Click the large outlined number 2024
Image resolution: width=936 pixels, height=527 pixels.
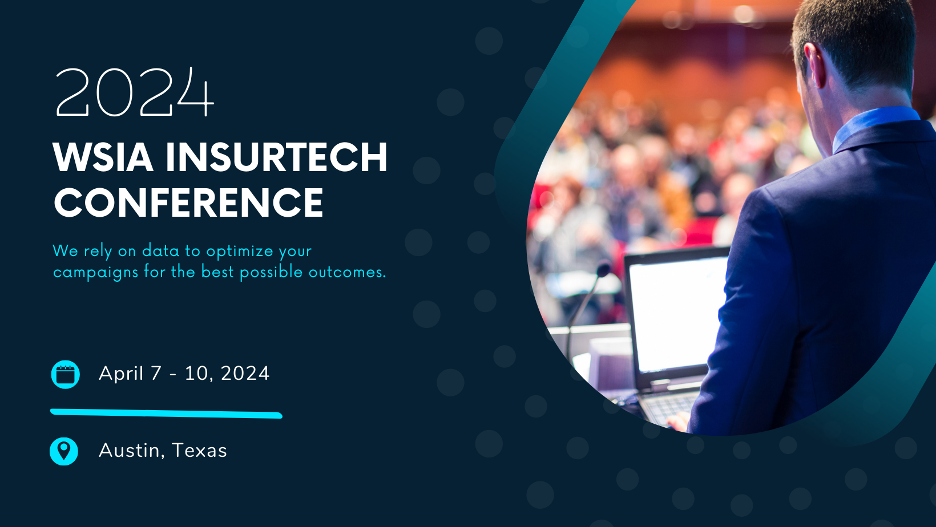pyautogui.click(x=135, y=92)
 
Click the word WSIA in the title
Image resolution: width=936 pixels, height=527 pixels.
pyautogui.click(x=103, y=157)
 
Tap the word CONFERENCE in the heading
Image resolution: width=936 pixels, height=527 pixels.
pyautogui.click(x=188, y=202)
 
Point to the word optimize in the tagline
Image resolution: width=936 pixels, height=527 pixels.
pyautogui.click(x=240, y=252)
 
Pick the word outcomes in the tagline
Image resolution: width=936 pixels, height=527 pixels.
pyautogui.click(x=347, y=272)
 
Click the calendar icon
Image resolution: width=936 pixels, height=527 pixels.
pyautogui.click(x=65, y=374)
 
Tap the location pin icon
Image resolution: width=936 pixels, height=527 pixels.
pyautogui.click(x=64, y=451)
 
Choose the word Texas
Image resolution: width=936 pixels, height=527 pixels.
pyautogui.click(x=199, y=451)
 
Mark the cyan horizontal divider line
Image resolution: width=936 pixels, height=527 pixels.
pyautogui.click(x=166, y=414)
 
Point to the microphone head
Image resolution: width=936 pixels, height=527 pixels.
pyautogui.click(x=603, y=269)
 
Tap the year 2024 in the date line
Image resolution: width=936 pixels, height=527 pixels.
pyautogui.click(x=245, y=374)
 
